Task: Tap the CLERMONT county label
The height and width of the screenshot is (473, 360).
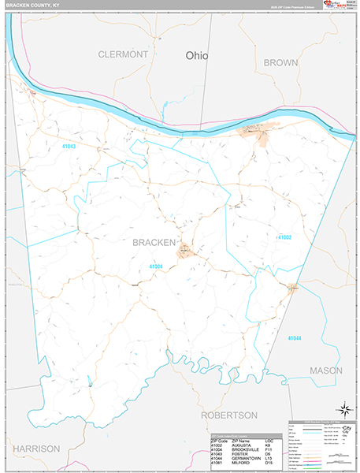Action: pyautogui.click(x=123, y=54)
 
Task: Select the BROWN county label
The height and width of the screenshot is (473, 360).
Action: pyautogui.click(x=280, y=62)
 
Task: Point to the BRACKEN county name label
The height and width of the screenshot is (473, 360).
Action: pyautogui.click(x=154, y=242)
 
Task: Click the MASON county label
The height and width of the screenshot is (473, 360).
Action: pyautogui.click(x=325, y=370)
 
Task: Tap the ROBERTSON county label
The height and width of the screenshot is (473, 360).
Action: pyautogui.click(x=229, y=415)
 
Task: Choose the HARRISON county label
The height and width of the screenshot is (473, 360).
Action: pyautogui.click(x=35, y=448)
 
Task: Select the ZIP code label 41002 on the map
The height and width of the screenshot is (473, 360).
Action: pyautogui.click(x=284, y=236)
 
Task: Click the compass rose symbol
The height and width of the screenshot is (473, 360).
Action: pyautogui.click(x=343, y=408)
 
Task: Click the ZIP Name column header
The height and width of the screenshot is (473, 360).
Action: pyautogui.click(x=241, y=441)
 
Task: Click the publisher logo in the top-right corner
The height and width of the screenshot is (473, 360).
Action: pyautogui.click(x=331, y=6)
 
